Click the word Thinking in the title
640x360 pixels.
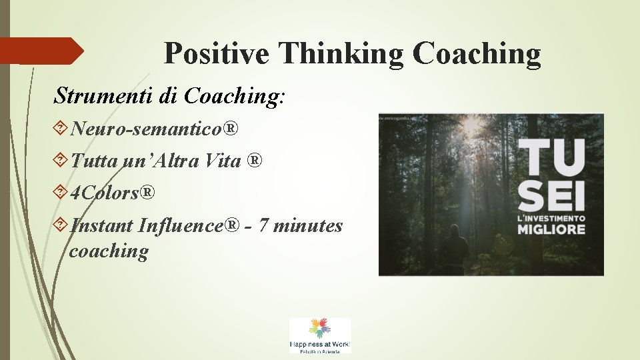coord(341,53)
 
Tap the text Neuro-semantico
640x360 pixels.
coord(145,128)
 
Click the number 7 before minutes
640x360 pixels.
coord(264,226)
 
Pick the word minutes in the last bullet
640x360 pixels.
coord(308,226)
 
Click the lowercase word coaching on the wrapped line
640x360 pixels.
coord(109,251)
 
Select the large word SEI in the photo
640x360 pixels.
coord(551,193)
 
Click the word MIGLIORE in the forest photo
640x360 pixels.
coord(551,229)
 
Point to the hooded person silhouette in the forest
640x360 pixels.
coord(453,249)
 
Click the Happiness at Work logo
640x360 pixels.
coord(319,335)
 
